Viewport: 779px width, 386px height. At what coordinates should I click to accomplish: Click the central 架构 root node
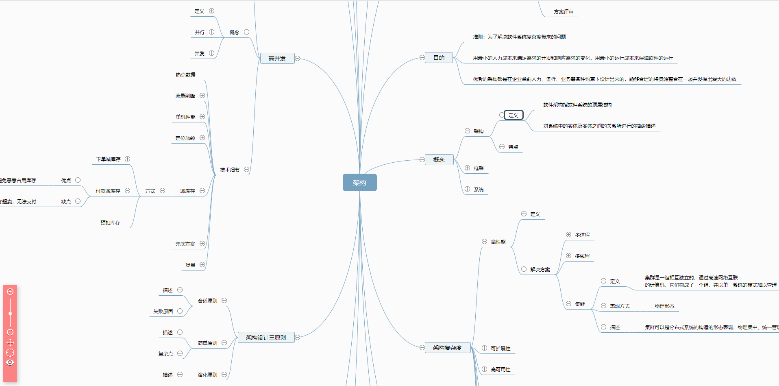359,183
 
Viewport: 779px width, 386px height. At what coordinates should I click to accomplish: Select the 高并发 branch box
277,59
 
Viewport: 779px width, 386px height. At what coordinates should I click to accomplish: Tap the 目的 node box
439,58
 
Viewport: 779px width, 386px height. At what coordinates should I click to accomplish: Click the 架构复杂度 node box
447,348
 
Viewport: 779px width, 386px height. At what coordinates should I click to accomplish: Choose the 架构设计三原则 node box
266,338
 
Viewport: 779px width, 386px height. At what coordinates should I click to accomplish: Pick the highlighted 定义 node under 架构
513,115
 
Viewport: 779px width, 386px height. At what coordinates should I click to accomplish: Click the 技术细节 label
230,170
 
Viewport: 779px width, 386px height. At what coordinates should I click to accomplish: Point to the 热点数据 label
185,75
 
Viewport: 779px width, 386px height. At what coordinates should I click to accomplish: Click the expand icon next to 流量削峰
202,96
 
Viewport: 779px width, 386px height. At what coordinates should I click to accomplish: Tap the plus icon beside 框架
467,168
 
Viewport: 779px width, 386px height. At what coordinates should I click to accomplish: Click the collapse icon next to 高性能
484,242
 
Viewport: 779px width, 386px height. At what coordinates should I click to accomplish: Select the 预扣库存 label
110,223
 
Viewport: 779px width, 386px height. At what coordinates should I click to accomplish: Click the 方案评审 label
564,12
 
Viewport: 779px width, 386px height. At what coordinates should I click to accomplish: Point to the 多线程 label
582,256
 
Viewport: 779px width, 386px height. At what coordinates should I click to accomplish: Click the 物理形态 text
664,306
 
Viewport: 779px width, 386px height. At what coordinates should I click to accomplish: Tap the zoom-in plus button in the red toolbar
10,292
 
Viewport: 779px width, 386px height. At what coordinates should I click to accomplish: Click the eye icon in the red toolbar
10,362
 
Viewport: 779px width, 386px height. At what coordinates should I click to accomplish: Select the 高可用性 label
500,370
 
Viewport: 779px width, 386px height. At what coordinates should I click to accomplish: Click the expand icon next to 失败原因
180,311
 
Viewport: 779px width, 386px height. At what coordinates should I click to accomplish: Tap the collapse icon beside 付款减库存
127,191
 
